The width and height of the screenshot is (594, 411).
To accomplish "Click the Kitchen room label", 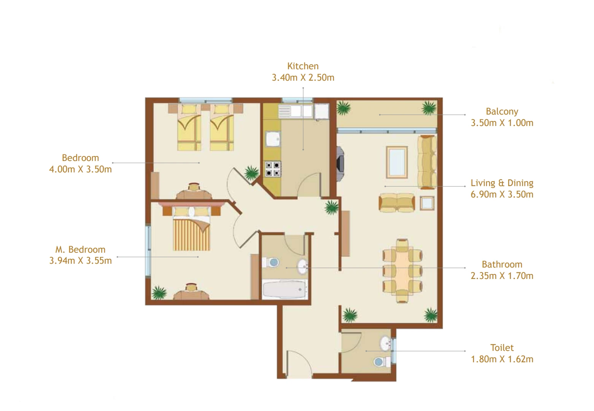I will pos(303,66).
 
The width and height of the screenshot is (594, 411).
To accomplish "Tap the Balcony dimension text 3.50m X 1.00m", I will pos(502,123).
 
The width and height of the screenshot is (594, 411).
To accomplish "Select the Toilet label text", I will pos(502,347).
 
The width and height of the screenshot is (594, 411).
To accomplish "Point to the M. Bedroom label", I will pos(80,250).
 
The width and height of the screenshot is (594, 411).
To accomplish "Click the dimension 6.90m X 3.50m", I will pos(502,194).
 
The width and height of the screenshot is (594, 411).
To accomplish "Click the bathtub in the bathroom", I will pos(284,290).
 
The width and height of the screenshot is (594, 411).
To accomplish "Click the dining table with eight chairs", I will pos(402,270).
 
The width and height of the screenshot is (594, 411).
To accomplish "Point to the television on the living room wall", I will pos(341,162).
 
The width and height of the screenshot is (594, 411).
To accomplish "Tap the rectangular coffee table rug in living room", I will pos(397,161).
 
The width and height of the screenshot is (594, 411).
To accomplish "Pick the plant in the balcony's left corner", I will pos(344,108).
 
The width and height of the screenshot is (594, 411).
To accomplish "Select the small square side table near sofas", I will pos(427,203).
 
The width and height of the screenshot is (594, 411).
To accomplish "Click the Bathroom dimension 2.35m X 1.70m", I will pos(502,276).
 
